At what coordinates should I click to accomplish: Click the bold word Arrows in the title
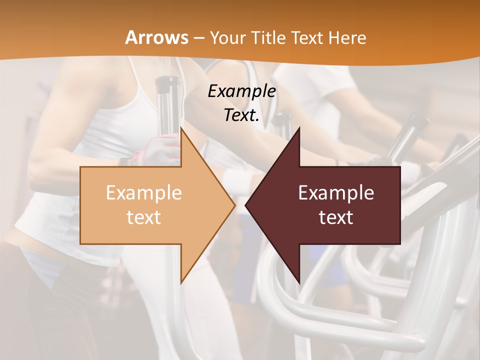157,37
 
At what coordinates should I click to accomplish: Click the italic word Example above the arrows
242,91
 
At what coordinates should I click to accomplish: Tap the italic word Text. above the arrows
242,115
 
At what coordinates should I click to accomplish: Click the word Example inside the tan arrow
144,193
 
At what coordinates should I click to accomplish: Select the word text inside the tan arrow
144,217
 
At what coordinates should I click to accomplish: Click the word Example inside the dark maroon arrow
336,193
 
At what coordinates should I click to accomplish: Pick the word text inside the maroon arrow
336,217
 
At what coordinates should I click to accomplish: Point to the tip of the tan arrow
235,205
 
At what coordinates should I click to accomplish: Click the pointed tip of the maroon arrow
245,205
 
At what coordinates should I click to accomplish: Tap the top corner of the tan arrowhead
181,127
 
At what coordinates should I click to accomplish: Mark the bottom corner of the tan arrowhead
181,283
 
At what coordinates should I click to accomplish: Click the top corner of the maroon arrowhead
299,127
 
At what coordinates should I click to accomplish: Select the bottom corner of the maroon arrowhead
299,283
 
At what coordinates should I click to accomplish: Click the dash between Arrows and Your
198,38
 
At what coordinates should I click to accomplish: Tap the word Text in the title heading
308,37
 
